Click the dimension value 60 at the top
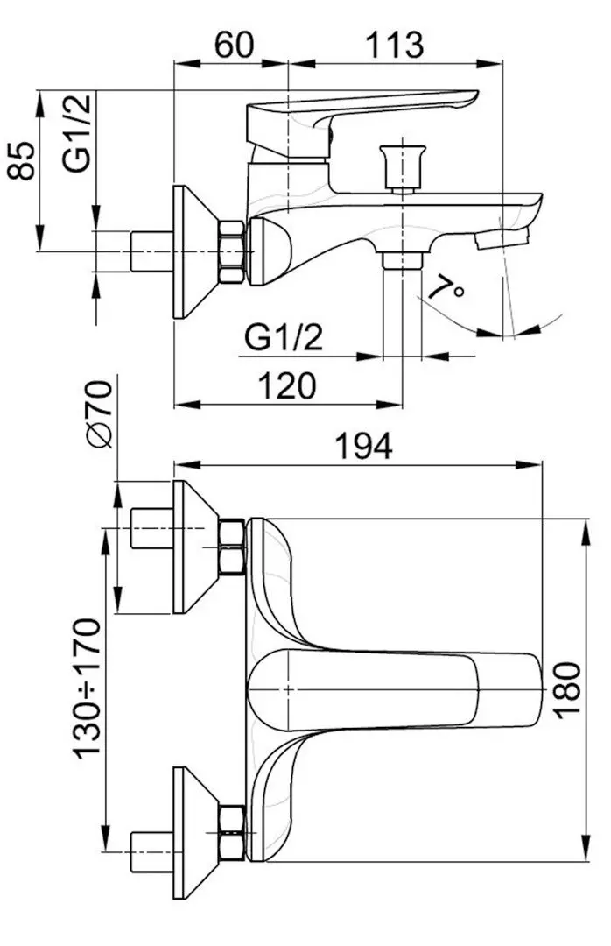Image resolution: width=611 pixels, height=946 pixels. (x=231, y=44)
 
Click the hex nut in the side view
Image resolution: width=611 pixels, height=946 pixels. (x=232, y=251)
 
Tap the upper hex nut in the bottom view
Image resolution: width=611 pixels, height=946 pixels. (x=232, y=547)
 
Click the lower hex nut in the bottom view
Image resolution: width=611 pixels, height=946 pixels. (x=232, y=832)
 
